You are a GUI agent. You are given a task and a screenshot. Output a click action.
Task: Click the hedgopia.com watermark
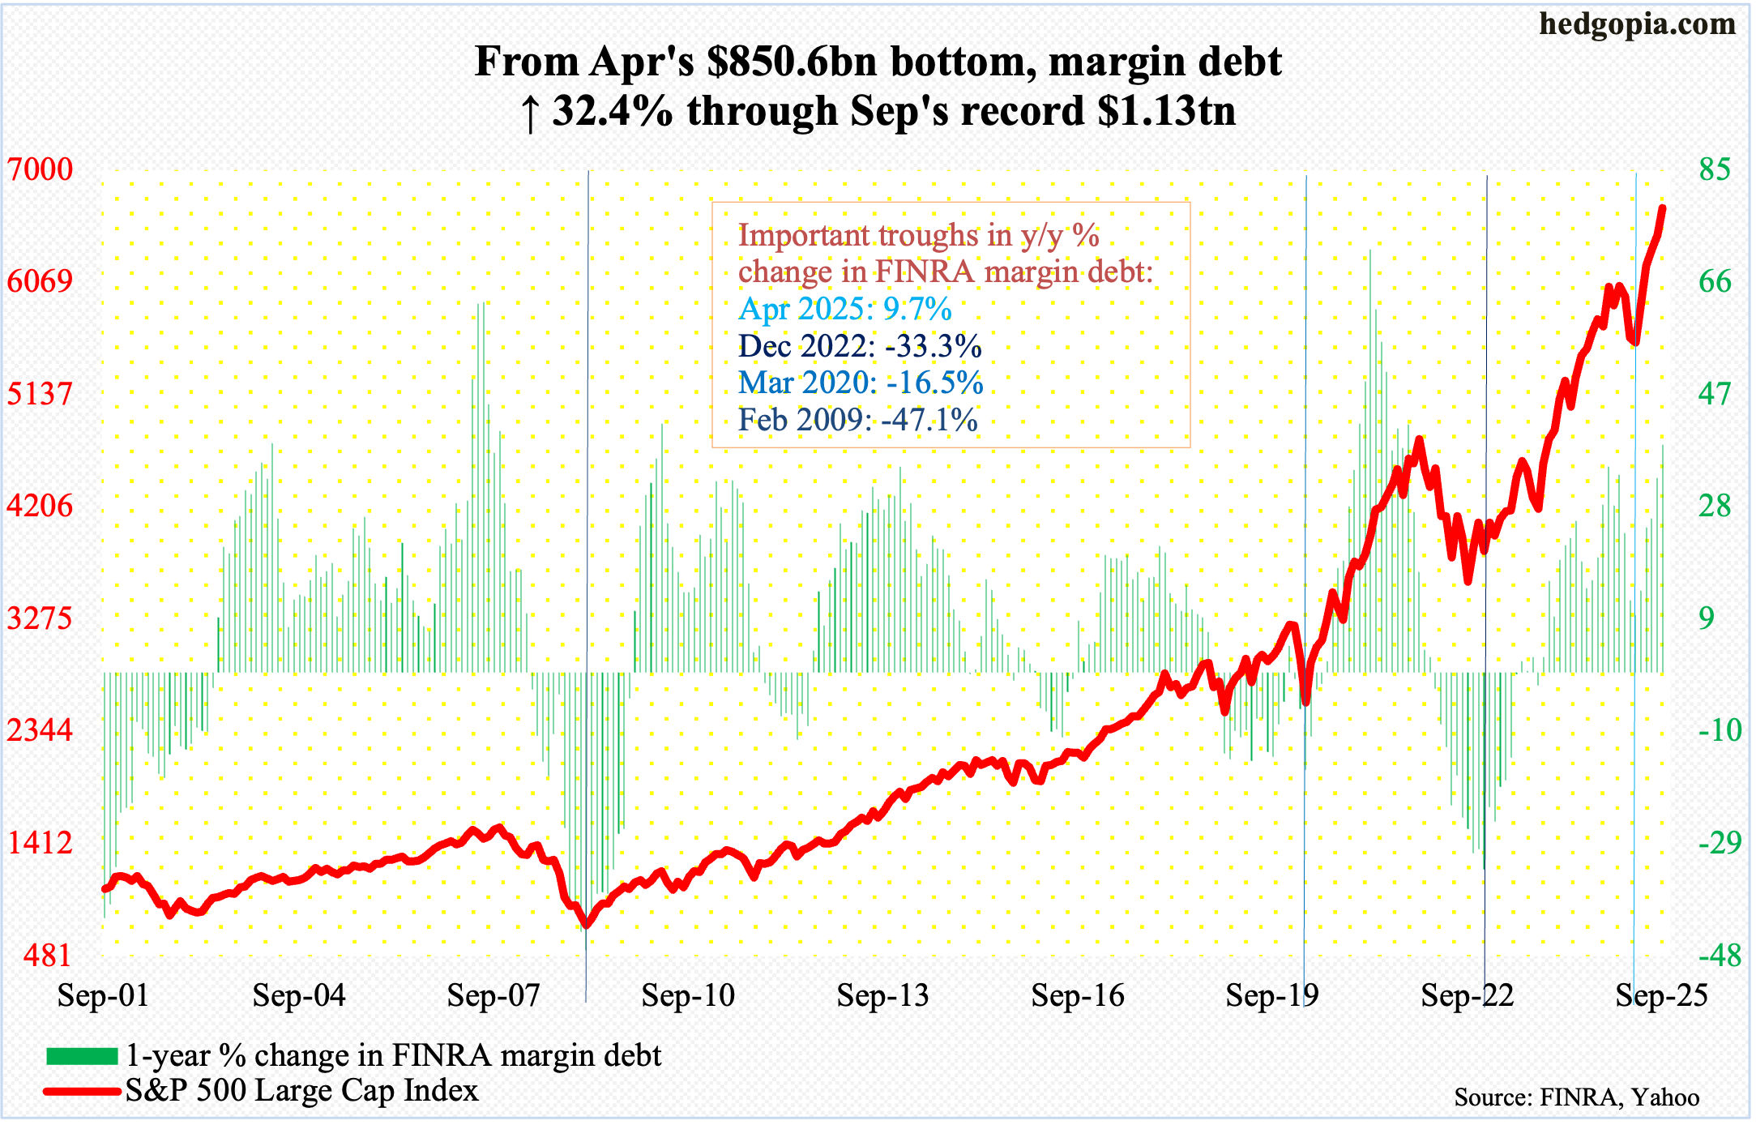click(1637, 24)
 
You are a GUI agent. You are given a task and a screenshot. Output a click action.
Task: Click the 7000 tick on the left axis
click(40, 169)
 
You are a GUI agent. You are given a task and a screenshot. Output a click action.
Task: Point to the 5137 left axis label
click(40, 394)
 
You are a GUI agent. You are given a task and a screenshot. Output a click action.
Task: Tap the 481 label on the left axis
click(47, 955)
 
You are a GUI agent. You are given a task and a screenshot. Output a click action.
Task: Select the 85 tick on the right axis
click(1715, 169)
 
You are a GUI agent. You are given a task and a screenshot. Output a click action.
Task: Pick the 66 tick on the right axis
click(1715, 281)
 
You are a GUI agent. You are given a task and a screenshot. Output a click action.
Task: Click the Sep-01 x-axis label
click(103, 995)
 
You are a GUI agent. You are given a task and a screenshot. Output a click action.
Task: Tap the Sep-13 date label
click(882, 995)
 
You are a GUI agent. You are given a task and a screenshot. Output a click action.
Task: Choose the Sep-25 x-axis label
click(1661, 995)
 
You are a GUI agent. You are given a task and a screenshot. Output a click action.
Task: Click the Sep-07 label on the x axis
click(493, 995)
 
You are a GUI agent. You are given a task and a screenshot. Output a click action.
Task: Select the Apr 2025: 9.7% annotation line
click(845, 309)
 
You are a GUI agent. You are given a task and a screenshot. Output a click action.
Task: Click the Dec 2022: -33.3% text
click(860, 346)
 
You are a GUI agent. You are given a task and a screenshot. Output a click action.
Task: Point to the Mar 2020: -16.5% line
click(861, 383)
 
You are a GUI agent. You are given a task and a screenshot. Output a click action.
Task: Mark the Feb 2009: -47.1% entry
click(857, 420)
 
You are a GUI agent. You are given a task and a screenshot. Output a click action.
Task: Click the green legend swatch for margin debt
click(82, 1055)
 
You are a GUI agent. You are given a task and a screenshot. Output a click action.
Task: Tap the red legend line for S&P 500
click(82, 1091)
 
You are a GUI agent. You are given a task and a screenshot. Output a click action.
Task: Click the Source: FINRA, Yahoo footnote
click(1576, 1097)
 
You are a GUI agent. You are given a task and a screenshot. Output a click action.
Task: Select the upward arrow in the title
click(530, 113)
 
